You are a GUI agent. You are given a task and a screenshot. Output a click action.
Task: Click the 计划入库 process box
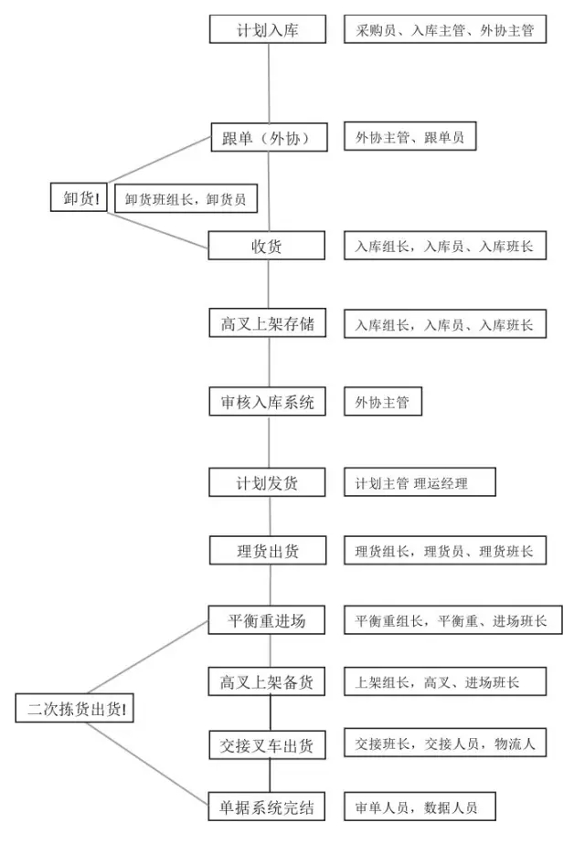point(268,29)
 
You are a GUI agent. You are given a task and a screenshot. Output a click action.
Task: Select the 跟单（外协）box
point(269,137)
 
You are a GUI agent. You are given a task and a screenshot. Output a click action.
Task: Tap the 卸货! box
point(79,197)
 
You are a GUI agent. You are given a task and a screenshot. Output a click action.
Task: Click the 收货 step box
point(267,246)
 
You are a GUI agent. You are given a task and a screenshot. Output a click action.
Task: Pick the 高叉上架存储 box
point(268,323)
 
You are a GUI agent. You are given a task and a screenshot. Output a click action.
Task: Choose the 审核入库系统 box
point(268,402)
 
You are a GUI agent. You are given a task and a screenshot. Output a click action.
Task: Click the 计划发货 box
point(267,482)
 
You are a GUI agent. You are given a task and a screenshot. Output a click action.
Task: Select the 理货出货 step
point(268,550)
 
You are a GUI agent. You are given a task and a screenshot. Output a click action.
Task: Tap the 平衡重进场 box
point(267,620)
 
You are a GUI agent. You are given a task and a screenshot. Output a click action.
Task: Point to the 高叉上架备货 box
point(267,681)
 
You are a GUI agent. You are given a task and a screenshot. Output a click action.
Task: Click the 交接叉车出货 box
point(268,745)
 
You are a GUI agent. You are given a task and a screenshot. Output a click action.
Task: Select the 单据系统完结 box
point(267,807)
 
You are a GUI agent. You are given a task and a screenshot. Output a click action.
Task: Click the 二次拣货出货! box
point(74,708)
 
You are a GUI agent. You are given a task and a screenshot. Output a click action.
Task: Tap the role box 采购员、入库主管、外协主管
point(445,29)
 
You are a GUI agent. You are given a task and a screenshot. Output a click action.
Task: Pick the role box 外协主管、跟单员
point(410,136)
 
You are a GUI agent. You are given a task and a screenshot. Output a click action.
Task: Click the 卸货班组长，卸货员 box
point(186,198)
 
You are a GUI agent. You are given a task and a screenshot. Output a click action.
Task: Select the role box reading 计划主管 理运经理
point(420,481)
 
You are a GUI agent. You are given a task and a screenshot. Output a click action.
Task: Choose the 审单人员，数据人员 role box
point(420,807)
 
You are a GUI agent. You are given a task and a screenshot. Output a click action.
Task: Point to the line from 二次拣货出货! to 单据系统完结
point(146,764)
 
